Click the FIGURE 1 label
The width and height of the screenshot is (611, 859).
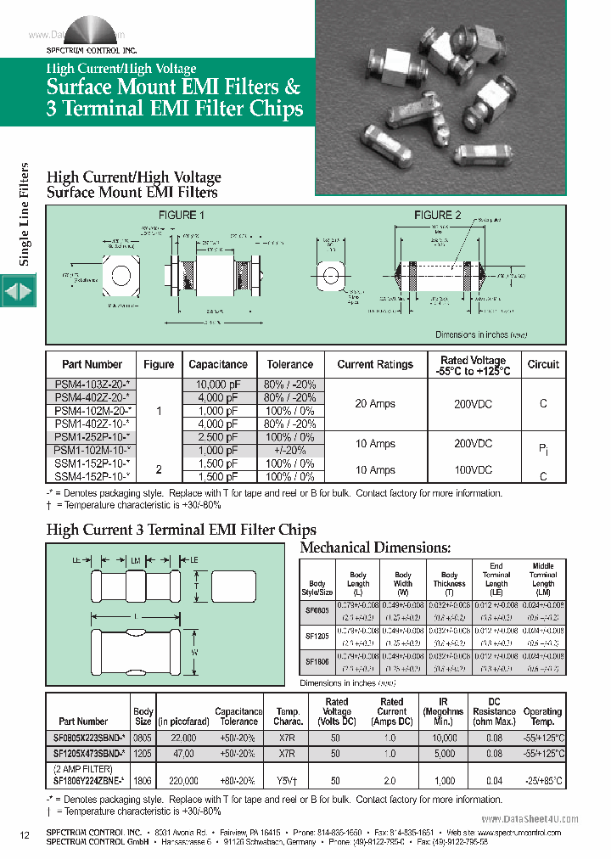[177, 215]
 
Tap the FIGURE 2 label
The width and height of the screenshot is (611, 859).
[438, 215]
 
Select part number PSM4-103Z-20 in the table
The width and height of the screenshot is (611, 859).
[91, 385]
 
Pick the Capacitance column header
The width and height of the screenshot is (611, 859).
[218, 364]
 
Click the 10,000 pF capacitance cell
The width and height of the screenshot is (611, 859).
[218, 385]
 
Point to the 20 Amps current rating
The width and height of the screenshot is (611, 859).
[374, 404]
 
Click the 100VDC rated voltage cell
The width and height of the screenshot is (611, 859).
[473, 469]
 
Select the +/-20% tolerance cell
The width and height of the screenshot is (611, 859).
[289, 451]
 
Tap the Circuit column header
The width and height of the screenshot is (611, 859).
[543, 364]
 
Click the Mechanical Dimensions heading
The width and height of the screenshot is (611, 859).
[376, 548]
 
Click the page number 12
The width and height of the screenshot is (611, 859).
[25, 836]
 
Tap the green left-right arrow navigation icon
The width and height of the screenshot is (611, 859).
[18, 291]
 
